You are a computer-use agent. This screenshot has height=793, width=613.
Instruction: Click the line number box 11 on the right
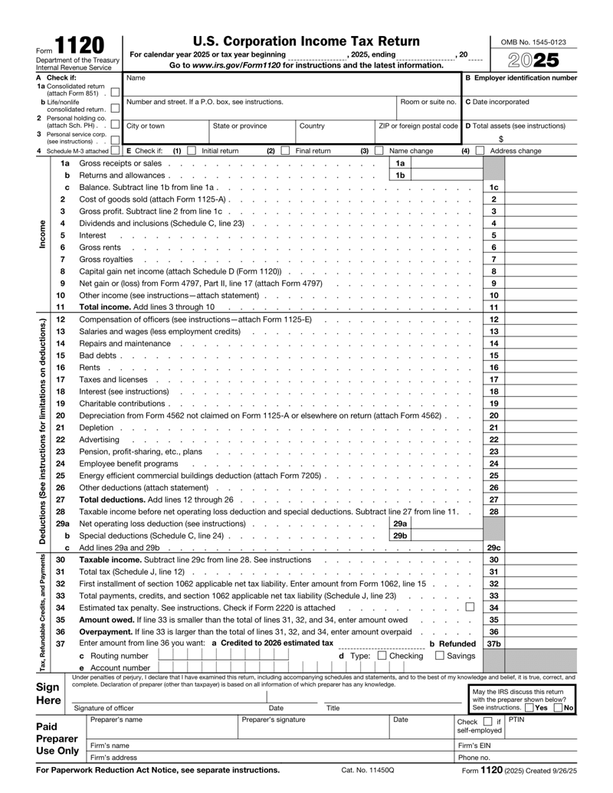494,307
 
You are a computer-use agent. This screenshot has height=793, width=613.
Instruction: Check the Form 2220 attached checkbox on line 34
479,608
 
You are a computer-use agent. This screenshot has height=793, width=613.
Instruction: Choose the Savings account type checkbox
440,655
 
